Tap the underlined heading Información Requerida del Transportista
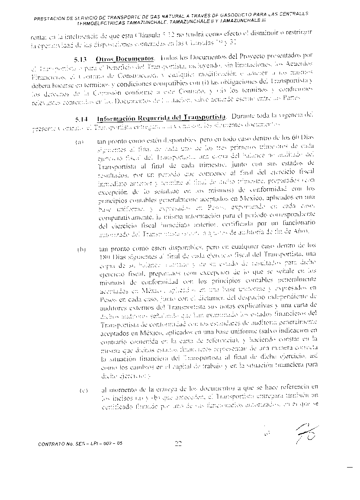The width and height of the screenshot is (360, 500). [161, 118]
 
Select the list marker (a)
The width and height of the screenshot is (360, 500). [80, 141]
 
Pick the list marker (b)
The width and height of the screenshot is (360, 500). [81, 250]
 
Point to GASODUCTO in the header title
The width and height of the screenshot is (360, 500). [227, 15]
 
